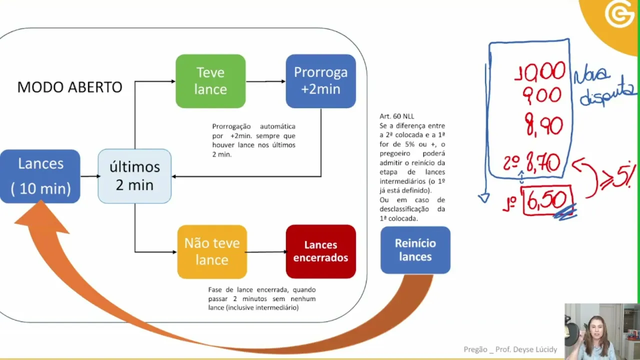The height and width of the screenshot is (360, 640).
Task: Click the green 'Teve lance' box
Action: click(210, 81)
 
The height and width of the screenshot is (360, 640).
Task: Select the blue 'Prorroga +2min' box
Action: click(320, 81)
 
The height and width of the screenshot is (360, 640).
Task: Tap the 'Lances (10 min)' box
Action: click(40, 176)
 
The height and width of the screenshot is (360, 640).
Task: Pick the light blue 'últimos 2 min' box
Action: click(134, 176)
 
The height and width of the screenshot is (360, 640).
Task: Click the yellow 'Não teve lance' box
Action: click(212, 251)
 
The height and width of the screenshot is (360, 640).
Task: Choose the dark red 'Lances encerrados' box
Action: click(320, 251)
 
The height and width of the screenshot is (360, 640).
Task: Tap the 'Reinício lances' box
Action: click(415, 250)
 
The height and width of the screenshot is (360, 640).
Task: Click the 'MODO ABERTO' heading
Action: click(69, 87)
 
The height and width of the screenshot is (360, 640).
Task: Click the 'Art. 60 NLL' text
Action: click(396, 116)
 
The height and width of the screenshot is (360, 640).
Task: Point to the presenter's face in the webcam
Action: click(597, 327)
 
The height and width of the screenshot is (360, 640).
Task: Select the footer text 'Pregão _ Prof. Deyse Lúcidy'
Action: click(510, 349)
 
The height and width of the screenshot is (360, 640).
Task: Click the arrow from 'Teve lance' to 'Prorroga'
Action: click(265, 81)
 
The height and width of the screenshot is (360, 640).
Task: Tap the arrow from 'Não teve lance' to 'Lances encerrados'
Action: click(266, 251)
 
